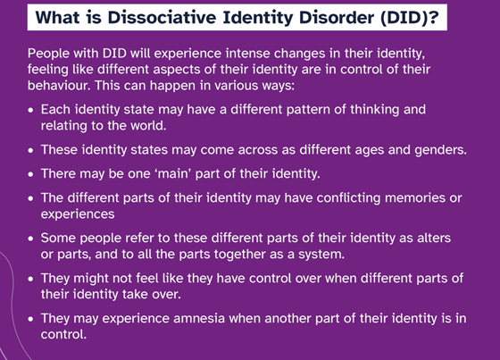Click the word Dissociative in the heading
162,17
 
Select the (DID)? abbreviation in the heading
410,18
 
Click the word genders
441,150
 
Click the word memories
415,198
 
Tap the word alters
434,238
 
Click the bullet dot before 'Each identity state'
30,110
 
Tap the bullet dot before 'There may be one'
30,174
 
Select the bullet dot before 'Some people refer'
30,239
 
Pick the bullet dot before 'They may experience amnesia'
30,319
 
